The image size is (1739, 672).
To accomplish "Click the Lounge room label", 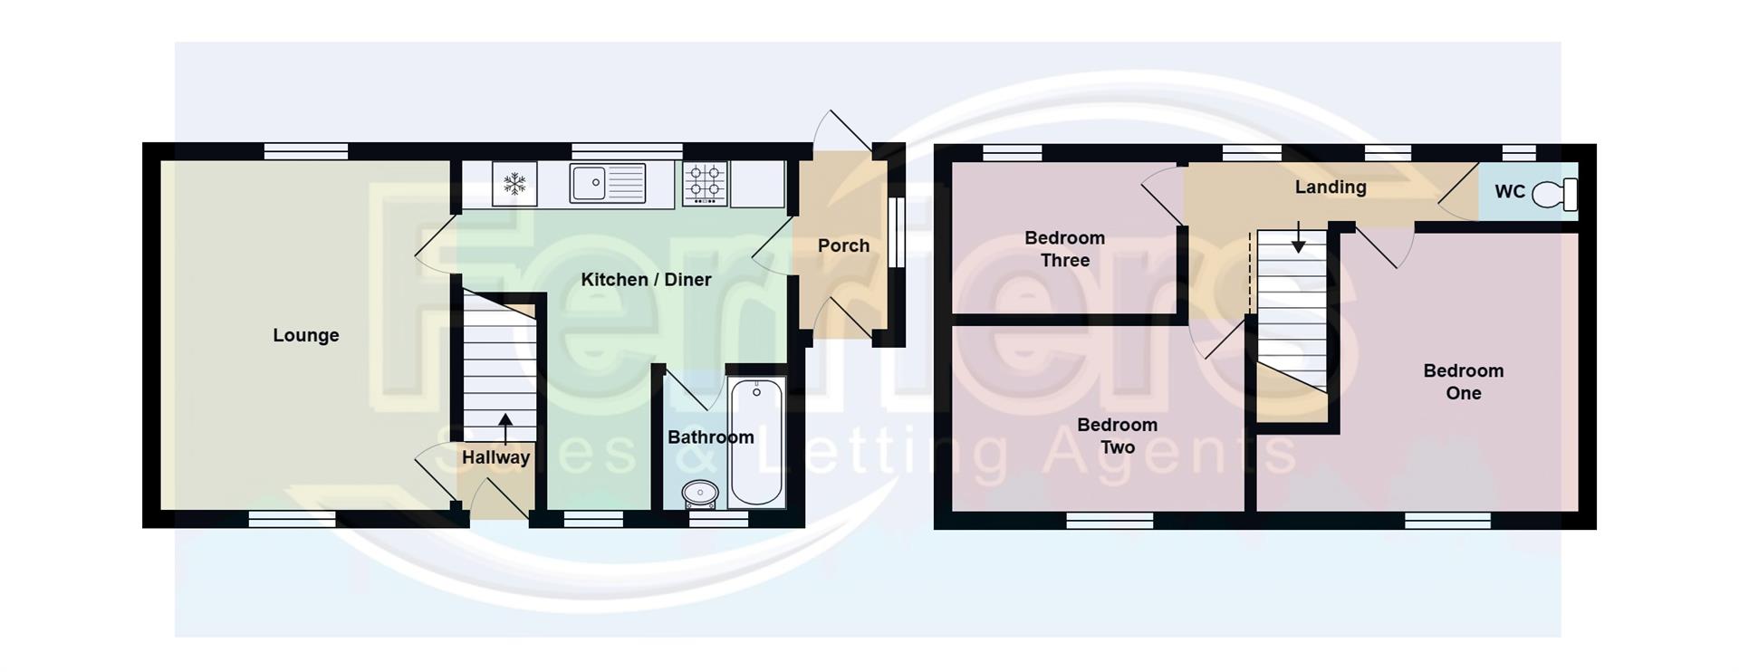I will click(x=306, y=335).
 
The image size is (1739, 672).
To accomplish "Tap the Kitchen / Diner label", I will click(x=646, y=280).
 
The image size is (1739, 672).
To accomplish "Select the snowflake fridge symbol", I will click(x=514, y=185).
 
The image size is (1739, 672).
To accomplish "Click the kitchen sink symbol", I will click(x=607, y=184).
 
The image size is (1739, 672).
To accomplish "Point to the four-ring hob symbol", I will click(x=705, y=183).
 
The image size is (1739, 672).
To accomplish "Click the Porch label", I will click(x=843, y=245).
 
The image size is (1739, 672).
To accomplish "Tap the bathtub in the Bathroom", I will click(x=755, y=442).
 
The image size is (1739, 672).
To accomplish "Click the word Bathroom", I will click(x=710, y=437).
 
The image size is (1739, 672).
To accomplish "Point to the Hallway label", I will click(x=495, y=457).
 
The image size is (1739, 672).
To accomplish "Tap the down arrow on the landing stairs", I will click(x=1298, y=238).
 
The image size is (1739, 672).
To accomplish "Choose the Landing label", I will click(x=1330, y=187).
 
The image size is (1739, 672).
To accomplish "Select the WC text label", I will click(x=1510, y=192).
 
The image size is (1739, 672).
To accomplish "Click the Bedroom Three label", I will click(x=1064, y=249).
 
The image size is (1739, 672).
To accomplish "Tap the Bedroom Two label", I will click(x=1117, y=436).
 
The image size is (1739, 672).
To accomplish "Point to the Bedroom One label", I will click(x=1463, y=381).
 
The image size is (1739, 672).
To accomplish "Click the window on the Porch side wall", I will click(x=896, y=233).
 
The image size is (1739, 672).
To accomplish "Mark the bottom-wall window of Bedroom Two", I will click(x=1110, y=521).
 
